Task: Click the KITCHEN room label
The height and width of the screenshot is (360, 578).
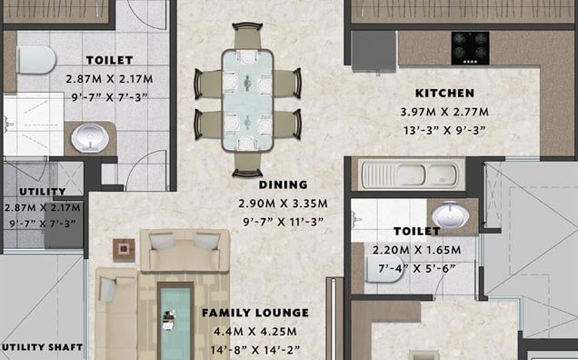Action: (445, 94)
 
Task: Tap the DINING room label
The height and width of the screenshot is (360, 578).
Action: (282, 184)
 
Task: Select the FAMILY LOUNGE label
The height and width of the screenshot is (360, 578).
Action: (255, 313)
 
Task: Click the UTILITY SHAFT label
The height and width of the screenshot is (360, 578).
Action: (42, 347)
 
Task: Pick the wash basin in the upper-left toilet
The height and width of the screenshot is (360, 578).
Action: (88, 138)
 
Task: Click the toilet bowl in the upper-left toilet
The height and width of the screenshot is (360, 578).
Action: (33, 61)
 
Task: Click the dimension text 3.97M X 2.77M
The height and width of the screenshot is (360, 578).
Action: (445, 112)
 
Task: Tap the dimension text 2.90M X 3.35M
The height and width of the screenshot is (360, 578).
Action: (282, 203)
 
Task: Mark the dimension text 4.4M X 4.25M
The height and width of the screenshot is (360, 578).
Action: (255, 331)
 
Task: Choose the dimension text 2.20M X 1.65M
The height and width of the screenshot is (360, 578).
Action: (416, 250)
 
